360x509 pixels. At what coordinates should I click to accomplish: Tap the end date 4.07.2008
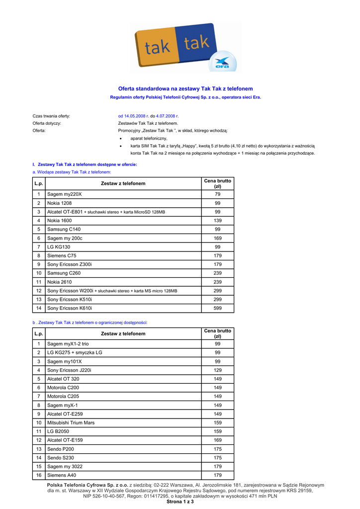(165, 116)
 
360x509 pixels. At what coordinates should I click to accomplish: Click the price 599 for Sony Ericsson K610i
(217, 308)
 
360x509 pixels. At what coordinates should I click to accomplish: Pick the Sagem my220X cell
(64, 194)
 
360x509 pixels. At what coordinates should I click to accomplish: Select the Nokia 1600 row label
(59, 220)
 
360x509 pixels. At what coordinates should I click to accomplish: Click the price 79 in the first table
(217, 194)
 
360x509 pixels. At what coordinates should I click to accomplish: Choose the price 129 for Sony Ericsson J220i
(217, 370)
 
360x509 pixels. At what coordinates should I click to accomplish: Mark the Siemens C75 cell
(62, 255)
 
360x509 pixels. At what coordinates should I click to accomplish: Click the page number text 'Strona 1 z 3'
(180, 502)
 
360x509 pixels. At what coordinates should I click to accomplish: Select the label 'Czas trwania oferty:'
(51, 116)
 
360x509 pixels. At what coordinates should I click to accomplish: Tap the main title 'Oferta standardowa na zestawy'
(185, 88)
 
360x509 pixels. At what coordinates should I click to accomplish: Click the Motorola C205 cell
(63, 396)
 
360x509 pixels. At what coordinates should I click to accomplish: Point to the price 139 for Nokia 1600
(217, 220)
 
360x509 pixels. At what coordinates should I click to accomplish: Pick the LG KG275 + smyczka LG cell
(75, 352)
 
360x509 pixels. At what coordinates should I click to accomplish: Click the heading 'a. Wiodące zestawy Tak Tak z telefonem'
(72, 171)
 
